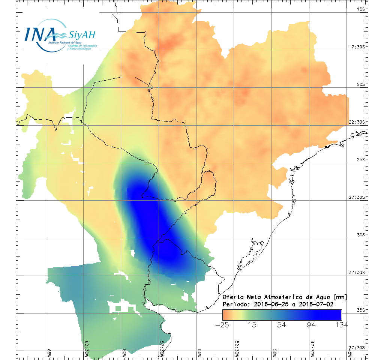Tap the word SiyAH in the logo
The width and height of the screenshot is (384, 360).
pyautogui.click(x=82, y=35)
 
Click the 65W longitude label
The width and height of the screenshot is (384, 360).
pyautogui.click(x=49, y=353)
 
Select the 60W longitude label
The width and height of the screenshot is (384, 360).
pyautogui.click(x=124, y=353)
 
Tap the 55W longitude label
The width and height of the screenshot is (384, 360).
pyautogui.click(x=199, y=353)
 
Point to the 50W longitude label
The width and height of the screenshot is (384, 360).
pyautogui.click(x=275, y=353)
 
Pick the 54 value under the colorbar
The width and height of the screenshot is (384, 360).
pyautogui.click(x=282, y=325)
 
